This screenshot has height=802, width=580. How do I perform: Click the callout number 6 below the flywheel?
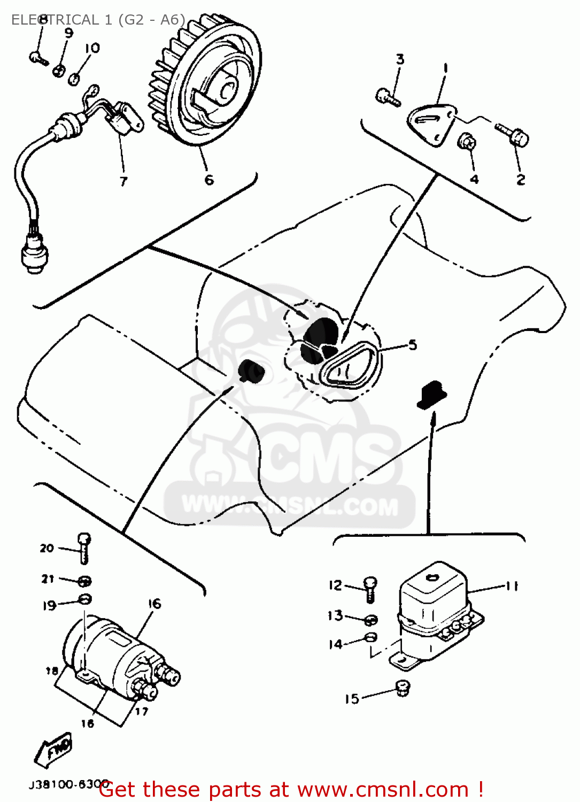tap(209, 180)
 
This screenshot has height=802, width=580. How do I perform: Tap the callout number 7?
tap(123, 181)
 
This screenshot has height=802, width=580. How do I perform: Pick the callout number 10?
tap(92, 48)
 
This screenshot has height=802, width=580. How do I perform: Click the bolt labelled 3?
tap(388, 97)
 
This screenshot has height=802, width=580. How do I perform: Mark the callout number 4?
tap(474, 180)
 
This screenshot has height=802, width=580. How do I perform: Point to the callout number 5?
tap(413, 345)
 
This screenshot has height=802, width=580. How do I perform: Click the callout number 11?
tap(512, 586)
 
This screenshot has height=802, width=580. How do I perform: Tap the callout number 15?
tap(352, 699)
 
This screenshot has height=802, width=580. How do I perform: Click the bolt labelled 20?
tap(84, 548)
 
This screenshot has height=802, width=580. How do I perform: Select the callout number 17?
tap(141, 712)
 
